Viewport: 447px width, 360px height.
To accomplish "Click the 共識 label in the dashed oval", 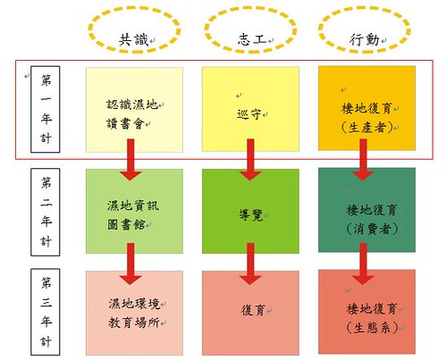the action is [x=133, y=39].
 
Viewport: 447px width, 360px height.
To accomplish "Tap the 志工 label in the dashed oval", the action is [x=252, y=39].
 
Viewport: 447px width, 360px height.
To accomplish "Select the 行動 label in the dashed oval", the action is [x=364, y=39].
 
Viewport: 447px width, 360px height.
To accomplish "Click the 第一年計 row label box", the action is [x=46, y=109].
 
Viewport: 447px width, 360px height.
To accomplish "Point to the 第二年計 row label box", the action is [x=46, y=212].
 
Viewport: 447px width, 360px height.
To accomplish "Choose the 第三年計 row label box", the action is [x=46, y=312].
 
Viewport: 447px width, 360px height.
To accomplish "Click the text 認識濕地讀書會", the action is [x=132, y=114].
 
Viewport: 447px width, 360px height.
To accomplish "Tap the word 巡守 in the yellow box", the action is [x=249, y=114].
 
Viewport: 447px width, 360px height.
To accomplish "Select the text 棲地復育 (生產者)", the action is [x=367, y=118].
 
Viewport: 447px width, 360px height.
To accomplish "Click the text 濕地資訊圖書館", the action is [x=132, y=215].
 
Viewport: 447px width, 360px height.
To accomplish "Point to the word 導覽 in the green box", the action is [x=251, y=215].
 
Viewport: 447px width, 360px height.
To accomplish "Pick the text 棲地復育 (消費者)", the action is [x=371, y=220].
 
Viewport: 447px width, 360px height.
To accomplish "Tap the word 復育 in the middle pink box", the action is [x=253, y=311].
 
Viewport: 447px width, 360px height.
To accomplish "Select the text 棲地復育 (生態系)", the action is [x=372, y=318].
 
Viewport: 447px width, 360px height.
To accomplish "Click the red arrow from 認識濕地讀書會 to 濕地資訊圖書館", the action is [x=131, y=160].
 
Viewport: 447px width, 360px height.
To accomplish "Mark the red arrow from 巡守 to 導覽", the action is [x=250, y=160].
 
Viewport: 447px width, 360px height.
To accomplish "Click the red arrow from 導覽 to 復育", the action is [x=250, y=264].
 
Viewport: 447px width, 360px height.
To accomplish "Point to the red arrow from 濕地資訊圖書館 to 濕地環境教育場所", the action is [x=131, y=264].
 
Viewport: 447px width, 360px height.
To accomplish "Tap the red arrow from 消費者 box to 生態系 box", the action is [x=363, y=264].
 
